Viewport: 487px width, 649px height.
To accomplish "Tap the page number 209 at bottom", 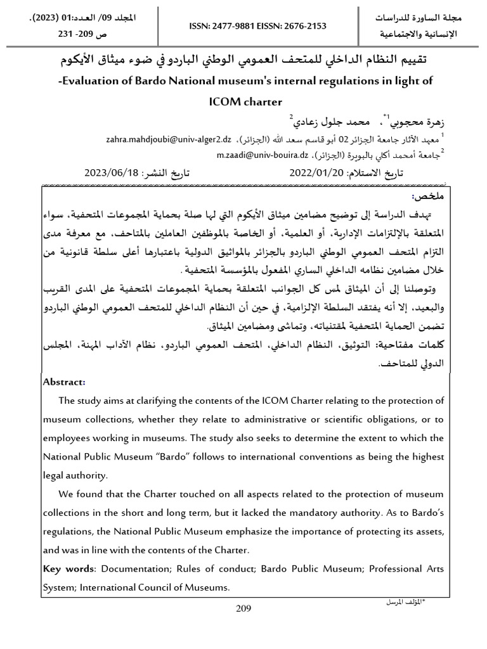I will pyautogui.click(x=243, y=609).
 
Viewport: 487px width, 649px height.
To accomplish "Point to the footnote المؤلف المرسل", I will pyautogui.click(x=405, y=600).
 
